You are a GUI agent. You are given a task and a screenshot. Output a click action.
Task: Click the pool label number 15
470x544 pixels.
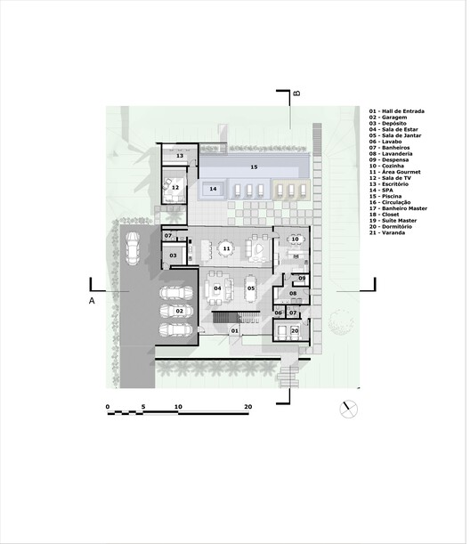point(254,166)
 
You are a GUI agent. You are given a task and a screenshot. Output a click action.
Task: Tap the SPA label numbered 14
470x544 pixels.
point(213,189)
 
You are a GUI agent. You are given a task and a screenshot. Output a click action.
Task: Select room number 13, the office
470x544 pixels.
point(179,156)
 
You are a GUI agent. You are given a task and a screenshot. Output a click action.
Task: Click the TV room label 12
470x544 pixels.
point(175,188)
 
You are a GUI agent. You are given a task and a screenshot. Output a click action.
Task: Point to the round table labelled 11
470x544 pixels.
point(226,248)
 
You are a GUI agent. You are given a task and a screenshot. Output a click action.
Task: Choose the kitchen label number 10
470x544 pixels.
point(296,240)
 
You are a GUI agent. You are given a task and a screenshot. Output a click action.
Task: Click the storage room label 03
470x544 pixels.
point(174,256)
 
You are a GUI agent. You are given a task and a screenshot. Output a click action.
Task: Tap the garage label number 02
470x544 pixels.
point(179,311)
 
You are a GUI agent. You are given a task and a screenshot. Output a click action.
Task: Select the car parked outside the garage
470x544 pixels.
point(131,248)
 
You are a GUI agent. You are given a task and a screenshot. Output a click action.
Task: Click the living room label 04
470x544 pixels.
point(216,288)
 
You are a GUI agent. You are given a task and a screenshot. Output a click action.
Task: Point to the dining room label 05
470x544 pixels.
point(250,288)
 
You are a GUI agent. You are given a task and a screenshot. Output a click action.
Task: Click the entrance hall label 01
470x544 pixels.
point(235,331)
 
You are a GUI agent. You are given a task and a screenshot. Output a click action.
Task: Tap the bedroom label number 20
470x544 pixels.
point(295,331)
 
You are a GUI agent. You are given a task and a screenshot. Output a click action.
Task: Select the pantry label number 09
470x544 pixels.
point(302,279)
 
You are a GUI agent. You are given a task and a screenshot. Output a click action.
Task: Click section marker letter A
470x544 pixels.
point(91,302)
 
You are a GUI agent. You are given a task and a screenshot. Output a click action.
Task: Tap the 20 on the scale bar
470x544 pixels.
point(248,407)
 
